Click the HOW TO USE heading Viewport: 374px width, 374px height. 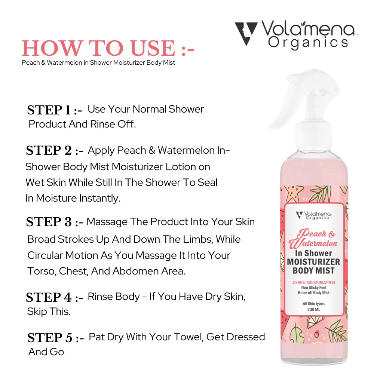[108, 48]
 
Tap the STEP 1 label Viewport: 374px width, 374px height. [54, 110]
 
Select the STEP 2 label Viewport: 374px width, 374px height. [55, 150]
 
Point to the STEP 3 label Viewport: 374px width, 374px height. [55, 222]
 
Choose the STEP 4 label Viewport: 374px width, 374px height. [55, 297]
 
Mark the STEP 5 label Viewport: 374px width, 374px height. [56, 338]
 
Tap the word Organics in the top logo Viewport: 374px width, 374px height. [308, 43]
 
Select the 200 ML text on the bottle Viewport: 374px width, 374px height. [314, 309]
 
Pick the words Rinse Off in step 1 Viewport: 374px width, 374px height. [113, 124]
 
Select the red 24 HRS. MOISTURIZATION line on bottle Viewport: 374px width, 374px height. [314, 282]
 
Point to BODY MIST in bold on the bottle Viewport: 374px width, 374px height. [314, 271]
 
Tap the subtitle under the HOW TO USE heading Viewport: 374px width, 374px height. [98, 62]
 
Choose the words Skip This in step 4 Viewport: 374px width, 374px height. [49, 312]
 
